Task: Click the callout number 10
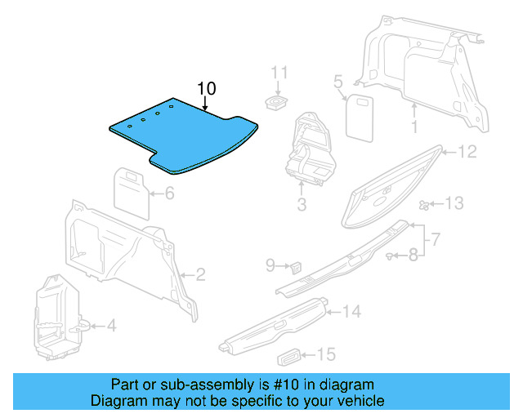(x=206, y=88)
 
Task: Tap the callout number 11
(x=280, y=72)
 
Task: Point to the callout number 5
(x=337, y=81)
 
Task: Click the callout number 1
(x=414, y=127)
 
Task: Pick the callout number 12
(x=467, y=152)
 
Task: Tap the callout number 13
(x=454, y=202)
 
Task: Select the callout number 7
(x=436, y=239)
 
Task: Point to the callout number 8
(x=413, y=255)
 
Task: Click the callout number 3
(x=302, y=205)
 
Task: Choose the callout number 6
(x=169, y=193)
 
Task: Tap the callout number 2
(x=200, y=274)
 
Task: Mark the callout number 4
(x=111, y=326)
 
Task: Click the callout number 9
(x=270, y=265)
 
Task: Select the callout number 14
(x=351, y=311)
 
